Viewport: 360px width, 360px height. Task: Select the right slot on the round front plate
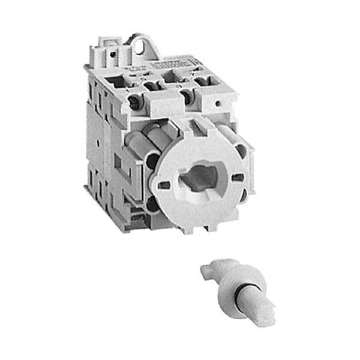237,178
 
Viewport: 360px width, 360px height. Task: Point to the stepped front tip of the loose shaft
262,316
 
